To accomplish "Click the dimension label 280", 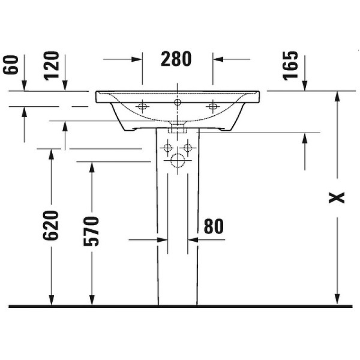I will (176, 59).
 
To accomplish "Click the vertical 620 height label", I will (52, 225).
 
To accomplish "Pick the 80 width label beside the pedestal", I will (213, 226).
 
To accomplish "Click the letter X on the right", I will (339, 197).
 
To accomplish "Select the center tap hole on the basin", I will (177, 103).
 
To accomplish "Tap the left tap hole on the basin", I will (142, 107).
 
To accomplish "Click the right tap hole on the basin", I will (212, 107).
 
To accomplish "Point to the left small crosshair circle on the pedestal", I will (167, 148).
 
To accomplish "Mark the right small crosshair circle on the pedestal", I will (187, 148).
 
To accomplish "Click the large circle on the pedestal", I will (177, 160).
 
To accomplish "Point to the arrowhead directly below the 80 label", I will (193, 239).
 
